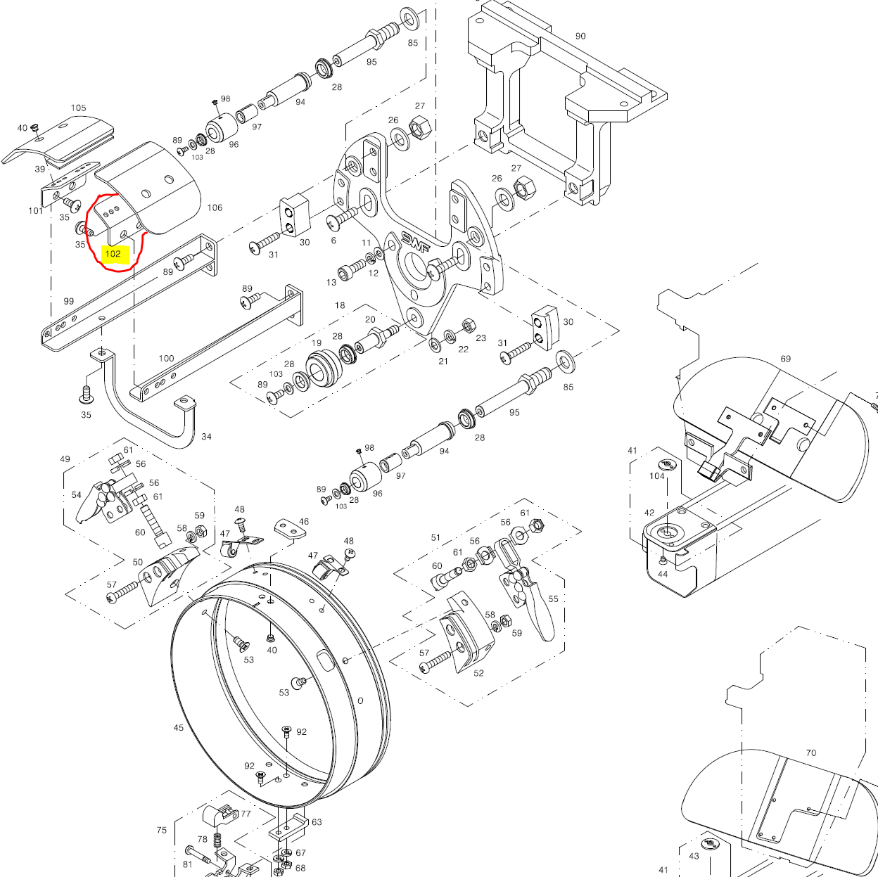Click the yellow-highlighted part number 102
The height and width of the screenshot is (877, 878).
113,254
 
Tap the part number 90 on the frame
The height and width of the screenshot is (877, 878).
580,36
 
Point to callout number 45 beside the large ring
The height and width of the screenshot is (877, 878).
179,728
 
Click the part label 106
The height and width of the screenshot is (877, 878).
215,207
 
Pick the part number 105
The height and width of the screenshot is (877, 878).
78,108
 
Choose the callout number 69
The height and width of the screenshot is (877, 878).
785,359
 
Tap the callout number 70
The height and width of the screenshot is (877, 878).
810,753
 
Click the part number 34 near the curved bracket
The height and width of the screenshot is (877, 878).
206,437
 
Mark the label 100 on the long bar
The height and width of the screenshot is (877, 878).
166,358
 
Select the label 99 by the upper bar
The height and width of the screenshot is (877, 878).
68,301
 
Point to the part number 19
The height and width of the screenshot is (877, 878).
317,343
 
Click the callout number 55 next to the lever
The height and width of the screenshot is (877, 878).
553,599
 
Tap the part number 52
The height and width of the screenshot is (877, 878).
478,673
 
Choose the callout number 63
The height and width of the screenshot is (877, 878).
317,821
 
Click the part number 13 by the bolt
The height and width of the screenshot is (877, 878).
331,282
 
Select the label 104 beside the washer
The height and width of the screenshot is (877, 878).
656,476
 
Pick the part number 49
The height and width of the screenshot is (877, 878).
65,459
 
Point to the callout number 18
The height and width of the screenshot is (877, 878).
340,305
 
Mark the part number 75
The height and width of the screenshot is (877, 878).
162,831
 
